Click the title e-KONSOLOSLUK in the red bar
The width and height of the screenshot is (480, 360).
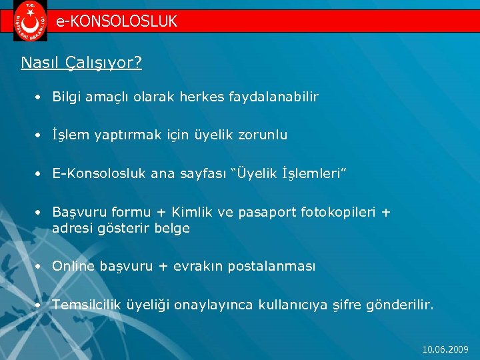(117, 21)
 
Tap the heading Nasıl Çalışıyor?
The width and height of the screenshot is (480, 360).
(81, 63)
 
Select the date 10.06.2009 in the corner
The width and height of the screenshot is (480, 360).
(445, 349)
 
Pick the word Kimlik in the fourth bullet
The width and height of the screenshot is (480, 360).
(193, 212)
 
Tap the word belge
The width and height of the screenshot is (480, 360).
(173, 228)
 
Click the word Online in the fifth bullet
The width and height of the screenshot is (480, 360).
(73, 266)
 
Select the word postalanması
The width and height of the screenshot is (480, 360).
(271, 267)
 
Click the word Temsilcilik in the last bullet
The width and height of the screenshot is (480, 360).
(87, 305)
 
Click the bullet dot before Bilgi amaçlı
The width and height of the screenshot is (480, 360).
(40, 97)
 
